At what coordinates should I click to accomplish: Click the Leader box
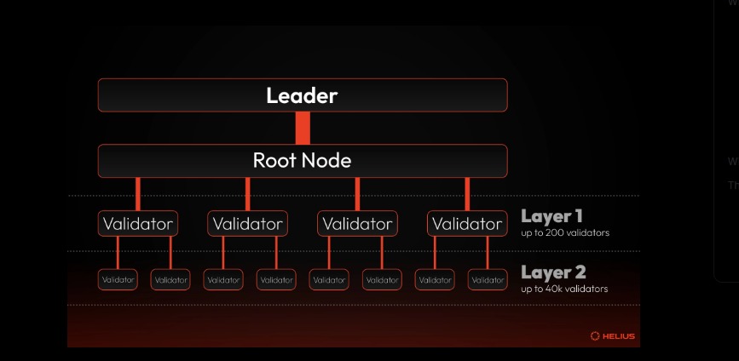pyautogui.click(x=302, y=95)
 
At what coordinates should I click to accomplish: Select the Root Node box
pyautogui.click(x=302, y=160)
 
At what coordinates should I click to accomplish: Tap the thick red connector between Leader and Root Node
pyautogui.click(x=302, y=128)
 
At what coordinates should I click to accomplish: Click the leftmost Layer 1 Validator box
pyautogui.click(x=138, y=224)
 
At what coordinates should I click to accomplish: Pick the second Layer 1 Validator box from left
pyautogui.click(x=247, y=224)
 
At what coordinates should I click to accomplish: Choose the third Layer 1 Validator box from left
pyautogui.click(x=357, y=224)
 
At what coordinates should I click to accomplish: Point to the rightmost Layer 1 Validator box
pyautogui.click(x=466, y=224)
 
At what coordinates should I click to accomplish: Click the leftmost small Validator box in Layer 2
pyautogui.click(x=118, y=279)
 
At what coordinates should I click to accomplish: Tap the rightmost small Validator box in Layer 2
pyautogui.click(x=488, y=279)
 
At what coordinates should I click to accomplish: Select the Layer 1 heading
pyautogui.click(x=551, y=216)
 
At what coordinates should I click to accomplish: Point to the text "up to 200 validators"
pyautogui.click(x=565, y=232)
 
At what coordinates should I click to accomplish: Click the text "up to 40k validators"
pyautogui.click(x=564, y=289)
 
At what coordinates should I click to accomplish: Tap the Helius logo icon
pyautogui.click(x=595, y=335)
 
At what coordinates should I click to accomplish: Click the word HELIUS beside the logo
pyautogui.click(x=617, y=335)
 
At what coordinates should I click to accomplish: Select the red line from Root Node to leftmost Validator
pyautogui.click(x=138, y=193)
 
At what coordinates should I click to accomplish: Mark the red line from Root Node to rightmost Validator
pyautogui.click(x=466, y=193)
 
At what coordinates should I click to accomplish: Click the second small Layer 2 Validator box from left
pyautogui.click(x=170, y=279)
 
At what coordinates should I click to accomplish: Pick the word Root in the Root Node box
pyautogui.click(x=274, y=160)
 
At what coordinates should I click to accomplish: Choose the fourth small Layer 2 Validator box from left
pyautogui.click(x=276, y=279)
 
